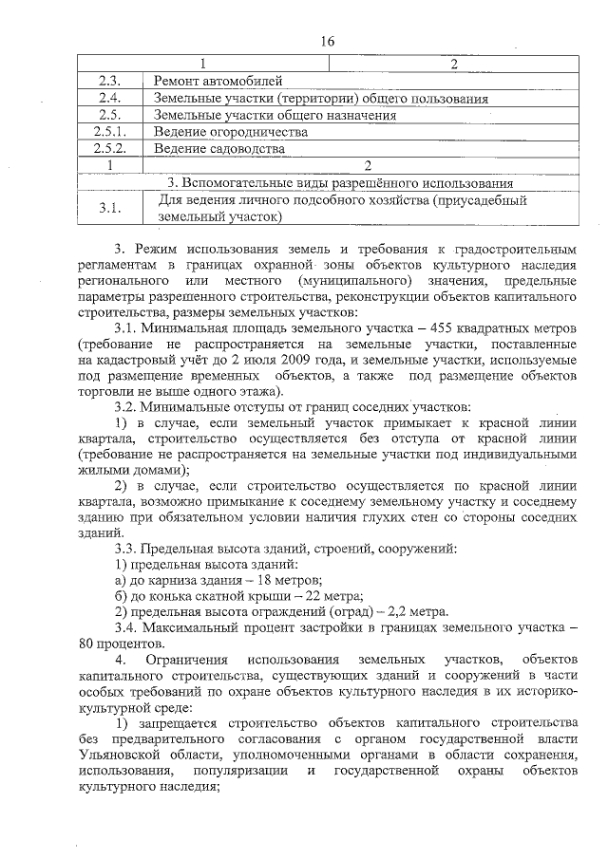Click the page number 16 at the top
tap(329, 41)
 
